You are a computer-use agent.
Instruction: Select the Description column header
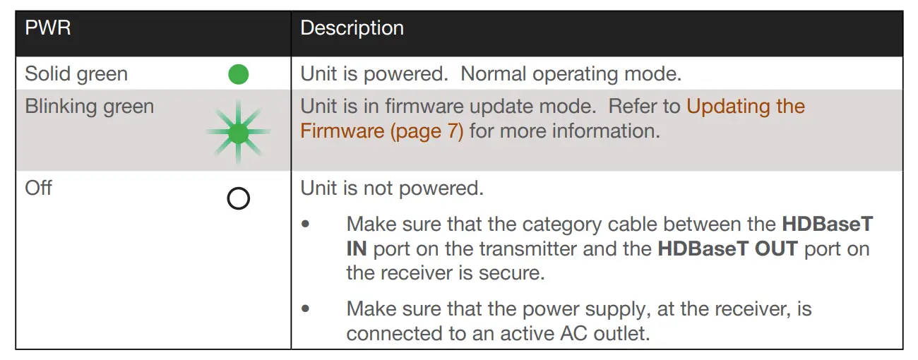(x=352, y=28)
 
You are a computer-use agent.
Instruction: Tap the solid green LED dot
(x=239, y=74)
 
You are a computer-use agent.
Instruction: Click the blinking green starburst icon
(x=239, y=133)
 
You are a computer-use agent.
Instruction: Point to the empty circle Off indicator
(x=239, y=199)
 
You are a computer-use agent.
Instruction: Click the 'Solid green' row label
(x=76, y=74)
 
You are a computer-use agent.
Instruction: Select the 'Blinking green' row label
(x=89, y=107)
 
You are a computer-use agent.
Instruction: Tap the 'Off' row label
(x=38, y=188)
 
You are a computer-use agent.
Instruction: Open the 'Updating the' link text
(x=745, y=107)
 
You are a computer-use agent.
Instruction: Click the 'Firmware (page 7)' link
(x=381, y=131)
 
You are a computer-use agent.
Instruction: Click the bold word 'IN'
(x=356, y=249)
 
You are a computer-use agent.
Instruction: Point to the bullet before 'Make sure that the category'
(x=306, y=224)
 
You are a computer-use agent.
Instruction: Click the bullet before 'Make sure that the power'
(x=306, y=308)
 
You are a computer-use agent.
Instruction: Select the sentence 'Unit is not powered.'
(x=392, y=188)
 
